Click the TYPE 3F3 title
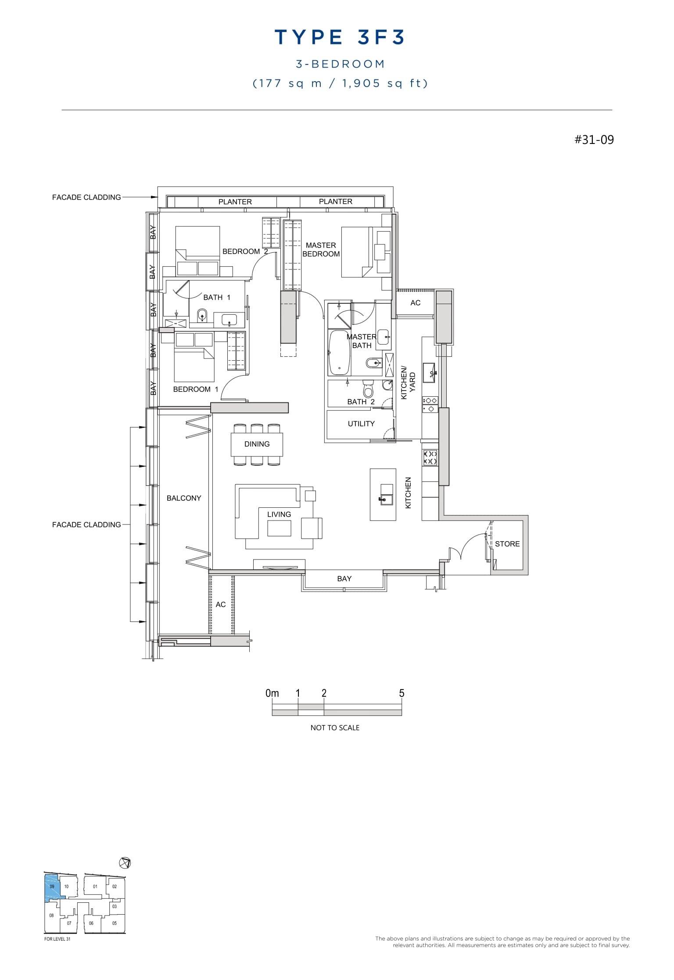[340, 38]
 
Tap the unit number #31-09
[594, 140]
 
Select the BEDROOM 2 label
[244, 251]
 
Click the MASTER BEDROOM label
[321, 250]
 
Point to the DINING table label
[257, 444]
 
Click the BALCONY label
[184, 498]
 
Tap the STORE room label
[507, 544]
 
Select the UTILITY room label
[361, 424]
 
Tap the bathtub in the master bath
[339, 353]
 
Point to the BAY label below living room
[344, 579]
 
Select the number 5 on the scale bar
[402, 693]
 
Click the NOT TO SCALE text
[335, 728]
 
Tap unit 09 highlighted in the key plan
[52, 887]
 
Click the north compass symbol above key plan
[125, 863]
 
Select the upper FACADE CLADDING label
[86, 197]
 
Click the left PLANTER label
[235, 202]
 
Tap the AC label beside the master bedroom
[415, 303]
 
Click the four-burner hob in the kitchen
[430, 458]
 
